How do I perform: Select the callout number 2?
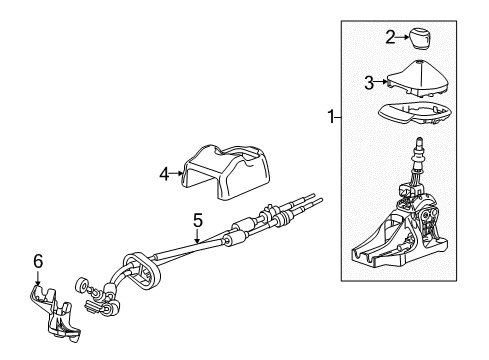[x=389, y=38]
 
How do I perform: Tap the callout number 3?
[x=369, y=81]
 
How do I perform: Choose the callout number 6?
[x=38, y=262]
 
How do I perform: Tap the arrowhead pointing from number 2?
[x=403, y=38]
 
